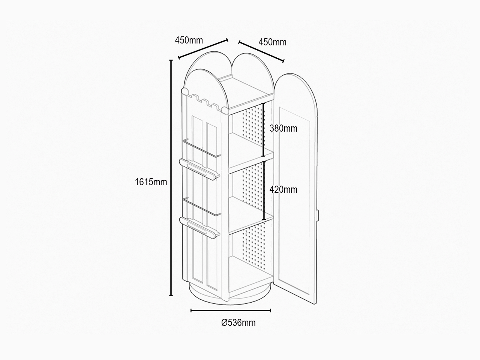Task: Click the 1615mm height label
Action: [151, 182]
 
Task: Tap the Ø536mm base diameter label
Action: [238, 322]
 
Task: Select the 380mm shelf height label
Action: [283, 128]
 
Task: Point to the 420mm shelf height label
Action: [283, 189]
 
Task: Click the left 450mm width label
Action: [189, 40]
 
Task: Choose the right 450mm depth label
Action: [273, 42]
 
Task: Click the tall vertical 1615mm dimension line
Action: [171, 178]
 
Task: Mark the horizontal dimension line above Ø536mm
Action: [231, 310]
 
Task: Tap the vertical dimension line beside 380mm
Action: [264, 130]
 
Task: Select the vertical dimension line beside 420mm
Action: [264, 190]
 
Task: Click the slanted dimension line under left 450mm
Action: [203, 49]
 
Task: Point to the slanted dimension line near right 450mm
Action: [261, 51]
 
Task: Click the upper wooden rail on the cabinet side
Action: [199, 169]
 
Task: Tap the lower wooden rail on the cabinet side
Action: [199, 227]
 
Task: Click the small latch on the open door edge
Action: [318, 215]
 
